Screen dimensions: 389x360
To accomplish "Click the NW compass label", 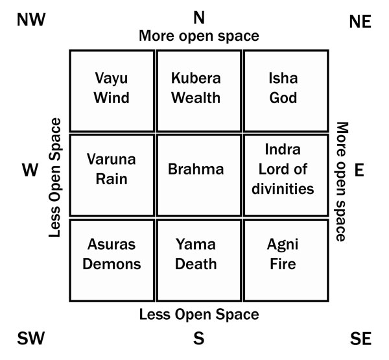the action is (x=31, y=19).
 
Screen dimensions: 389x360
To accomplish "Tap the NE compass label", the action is (x=360, y=21).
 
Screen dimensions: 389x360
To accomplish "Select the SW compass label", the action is (x=30, y=338).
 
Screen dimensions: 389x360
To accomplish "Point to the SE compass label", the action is (x=360, y=339).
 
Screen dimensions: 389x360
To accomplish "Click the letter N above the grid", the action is (x=199, y=18).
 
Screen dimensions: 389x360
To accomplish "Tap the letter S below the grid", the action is (x=199, y=338).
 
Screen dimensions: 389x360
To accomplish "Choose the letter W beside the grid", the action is (x=30, y=170).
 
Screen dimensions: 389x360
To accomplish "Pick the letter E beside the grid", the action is (x=359, y=170).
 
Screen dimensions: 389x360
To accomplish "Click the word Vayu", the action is (x=112, y=78).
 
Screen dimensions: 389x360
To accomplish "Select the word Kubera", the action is (x=196, y=78).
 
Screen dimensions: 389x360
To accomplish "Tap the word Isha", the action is (x=283, y=78).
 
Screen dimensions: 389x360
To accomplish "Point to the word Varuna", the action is (x=111, y=159).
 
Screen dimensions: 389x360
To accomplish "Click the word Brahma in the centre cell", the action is (x=196, y=169).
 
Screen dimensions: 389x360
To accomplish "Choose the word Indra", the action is (x=283, y=149).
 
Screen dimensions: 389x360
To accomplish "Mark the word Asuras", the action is (x=112, y=244).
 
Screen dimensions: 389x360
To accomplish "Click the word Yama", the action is (x=196, y=244).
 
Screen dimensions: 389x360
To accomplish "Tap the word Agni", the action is (x=283, y=245).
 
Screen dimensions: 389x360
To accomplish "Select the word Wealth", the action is (x=196, y=97).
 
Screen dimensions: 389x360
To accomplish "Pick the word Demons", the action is (x=112, y=263).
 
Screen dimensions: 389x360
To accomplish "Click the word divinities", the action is (x=283, y=189).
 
